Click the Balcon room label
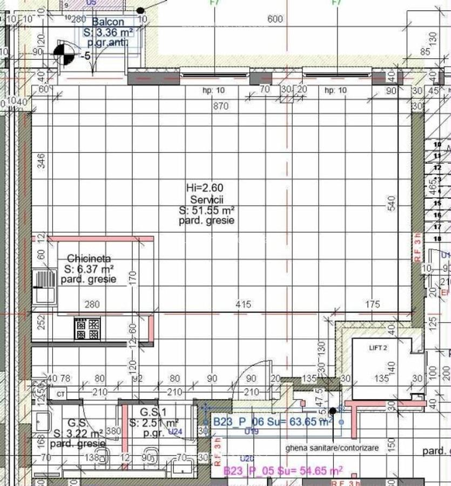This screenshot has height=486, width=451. click(x=108, y=22)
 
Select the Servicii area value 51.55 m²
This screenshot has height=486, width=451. click(x=207, y=210)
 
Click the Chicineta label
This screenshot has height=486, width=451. click(x=89, y=259)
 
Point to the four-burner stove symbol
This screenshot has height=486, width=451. click(x=87, y=329)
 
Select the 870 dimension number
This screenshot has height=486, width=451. click(x=221, y=106)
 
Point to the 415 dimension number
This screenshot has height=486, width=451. click(x=244, y=305)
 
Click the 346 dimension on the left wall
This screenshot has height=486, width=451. click(x=42, y=161)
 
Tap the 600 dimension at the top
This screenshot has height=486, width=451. click(x=275, y=19)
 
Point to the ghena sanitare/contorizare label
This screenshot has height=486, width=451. click(x=332, y=448)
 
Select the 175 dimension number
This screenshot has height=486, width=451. click(x=372, y=305)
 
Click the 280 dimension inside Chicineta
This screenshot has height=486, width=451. click(x=92, y=305)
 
